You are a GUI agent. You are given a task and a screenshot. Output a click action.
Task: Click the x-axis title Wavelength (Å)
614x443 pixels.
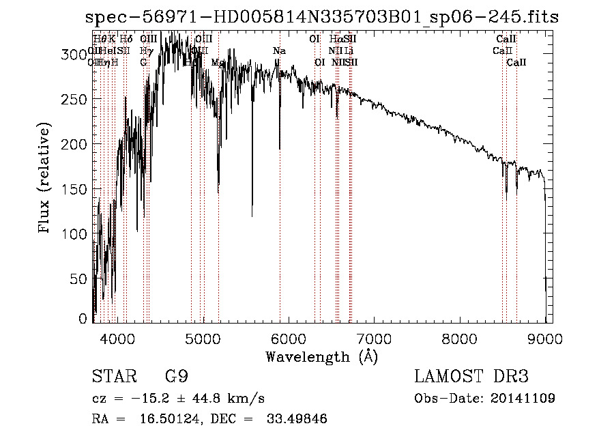click(321, 356)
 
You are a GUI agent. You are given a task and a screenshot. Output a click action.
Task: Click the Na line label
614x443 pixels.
click(279, 51)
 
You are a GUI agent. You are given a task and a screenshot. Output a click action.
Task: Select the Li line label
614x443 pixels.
click(348, 51)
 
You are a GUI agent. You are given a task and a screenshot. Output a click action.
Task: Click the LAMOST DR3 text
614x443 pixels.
click(471, 377)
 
